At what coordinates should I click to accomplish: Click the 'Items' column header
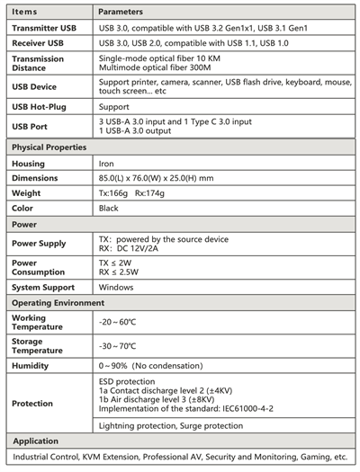tap(25, 13)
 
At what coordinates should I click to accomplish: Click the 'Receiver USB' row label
tap(38, 42)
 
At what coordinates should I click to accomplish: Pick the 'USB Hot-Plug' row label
tap(40, 106)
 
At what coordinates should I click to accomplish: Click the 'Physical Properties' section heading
tap(49, 147)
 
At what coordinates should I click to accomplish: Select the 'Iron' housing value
tap(106, 164)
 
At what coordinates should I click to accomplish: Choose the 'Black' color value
tap(109, 208)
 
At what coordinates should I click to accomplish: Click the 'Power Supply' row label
tap(40, 244)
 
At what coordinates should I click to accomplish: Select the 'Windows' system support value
tap(118, 288)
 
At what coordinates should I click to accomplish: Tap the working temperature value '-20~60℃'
tap(117, 321)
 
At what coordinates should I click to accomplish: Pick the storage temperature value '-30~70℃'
tap(117, 345)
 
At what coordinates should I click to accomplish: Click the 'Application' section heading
tap(36, 441)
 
